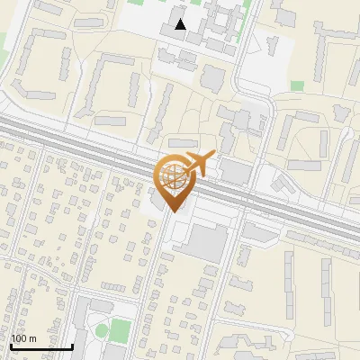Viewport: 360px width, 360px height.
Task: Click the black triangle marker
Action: point(181,24)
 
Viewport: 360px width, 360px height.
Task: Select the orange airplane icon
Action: point(199,164)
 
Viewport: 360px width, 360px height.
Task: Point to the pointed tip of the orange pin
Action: point(173,211)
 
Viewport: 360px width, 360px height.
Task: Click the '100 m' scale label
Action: point(23,338)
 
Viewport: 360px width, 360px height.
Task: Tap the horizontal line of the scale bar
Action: point(41,346)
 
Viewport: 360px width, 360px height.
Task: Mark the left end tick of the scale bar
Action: point(11,345)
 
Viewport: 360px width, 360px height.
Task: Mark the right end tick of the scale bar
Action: point(72,345)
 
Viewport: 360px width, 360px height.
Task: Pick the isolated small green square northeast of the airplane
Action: point(297,85)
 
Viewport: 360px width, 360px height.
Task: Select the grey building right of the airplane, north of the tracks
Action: point(236,170)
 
